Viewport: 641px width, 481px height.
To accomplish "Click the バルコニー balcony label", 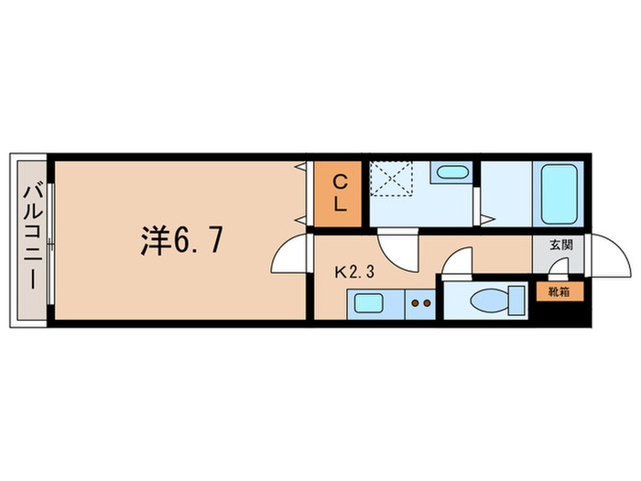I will click(x=30, y=237).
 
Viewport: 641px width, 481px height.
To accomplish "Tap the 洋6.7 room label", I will click(x=180, y=241).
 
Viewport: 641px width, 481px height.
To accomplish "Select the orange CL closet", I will click(x=339, y=193).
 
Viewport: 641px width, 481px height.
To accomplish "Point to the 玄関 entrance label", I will click(x=561, y=246).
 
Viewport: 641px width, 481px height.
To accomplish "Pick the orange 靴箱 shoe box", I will click(x=558, y=293).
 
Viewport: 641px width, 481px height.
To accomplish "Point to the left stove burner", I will click(x=417, y=301).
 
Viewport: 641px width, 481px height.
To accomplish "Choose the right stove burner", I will click(x=428, y=301).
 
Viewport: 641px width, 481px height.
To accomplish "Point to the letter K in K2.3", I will click(x=340, y=271).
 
